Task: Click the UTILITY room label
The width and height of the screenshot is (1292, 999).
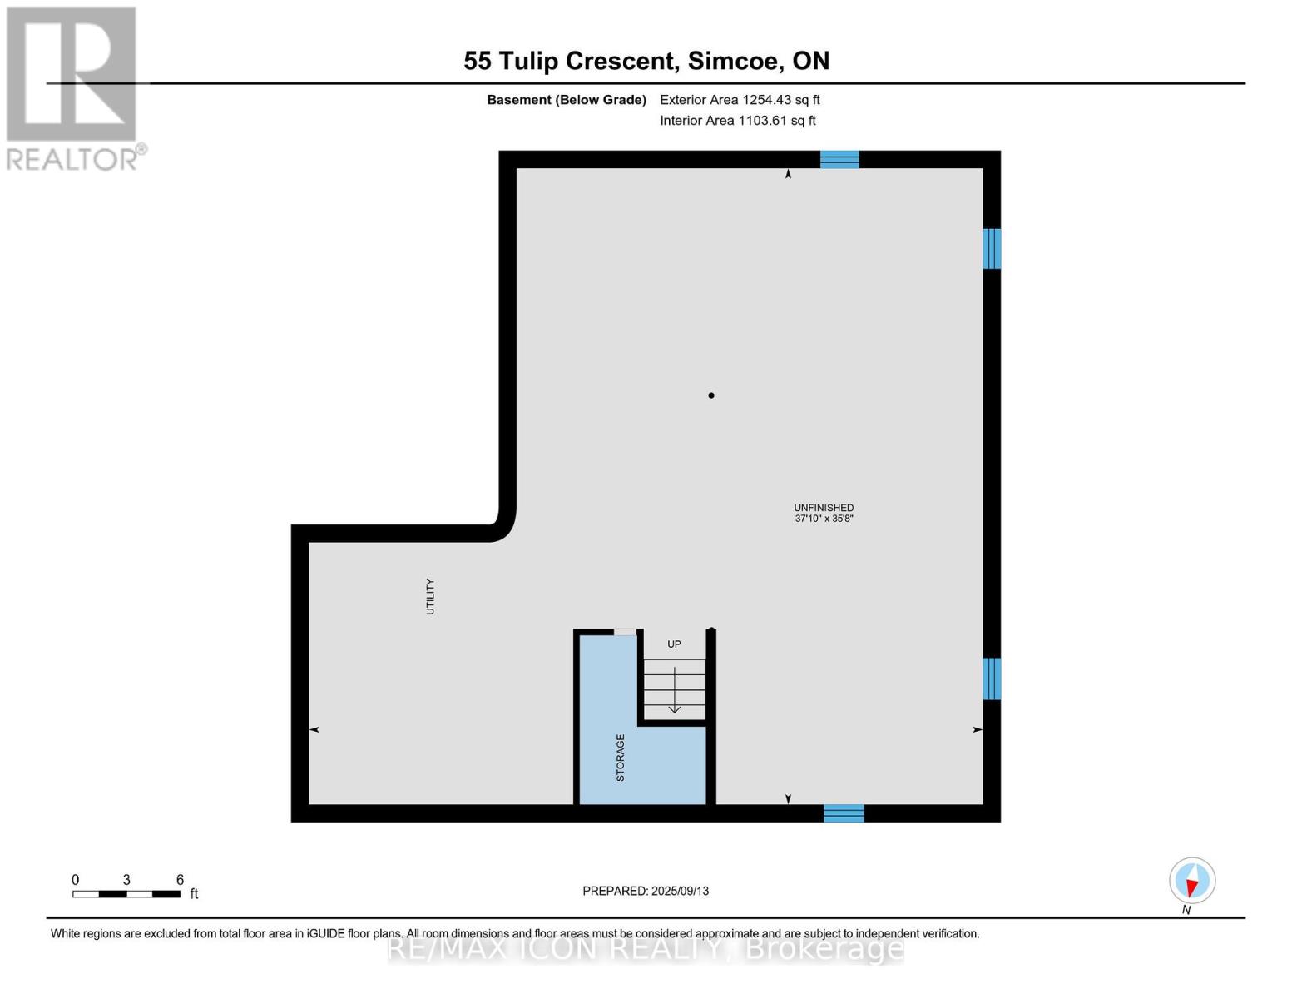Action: [430, 596]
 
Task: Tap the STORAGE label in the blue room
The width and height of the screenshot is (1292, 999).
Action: [620, 757]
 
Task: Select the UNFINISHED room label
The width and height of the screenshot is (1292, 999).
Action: [824, 508]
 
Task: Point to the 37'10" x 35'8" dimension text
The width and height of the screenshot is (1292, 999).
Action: [824, 519]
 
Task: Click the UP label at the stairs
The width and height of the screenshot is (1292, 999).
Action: [674, 644]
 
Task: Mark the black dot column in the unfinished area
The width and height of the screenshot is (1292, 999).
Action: [711, 395]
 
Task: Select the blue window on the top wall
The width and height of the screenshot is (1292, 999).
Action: [839, 159]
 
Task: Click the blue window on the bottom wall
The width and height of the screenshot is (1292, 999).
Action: [844, 813]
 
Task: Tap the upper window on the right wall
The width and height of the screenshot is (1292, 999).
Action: [992, 249]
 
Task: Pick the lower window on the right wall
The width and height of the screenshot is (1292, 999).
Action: [992, 678]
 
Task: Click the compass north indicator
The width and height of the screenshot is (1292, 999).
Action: [1192, 881]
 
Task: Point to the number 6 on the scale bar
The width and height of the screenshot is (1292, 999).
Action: [180, 880]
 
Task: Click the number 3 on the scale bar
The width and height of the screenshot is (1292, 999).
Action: [126, 880]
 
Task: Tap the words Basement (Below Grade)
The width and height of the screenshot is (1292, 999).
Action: [567, 100]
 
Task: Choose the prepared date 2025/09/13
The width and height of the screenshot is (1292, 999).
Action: [680, 891]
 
